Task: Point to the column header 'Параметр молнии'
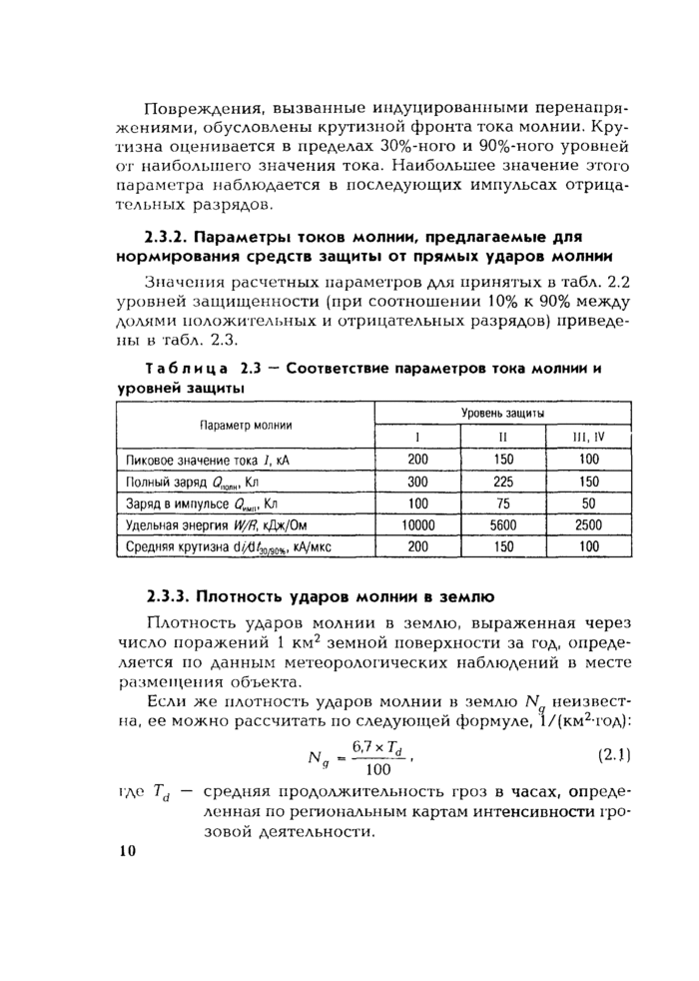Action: click(x=246, y=425)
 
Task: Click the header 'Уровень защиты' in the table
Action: click(x=502, y=412)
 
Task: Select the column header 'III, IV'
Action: click(x=588, y=437)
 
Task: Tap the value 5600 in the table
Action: click(x=503, y=524)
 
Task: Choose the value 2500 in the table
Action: click(x=588, y=524)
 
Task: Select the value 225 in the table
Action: click(x=503, y=482)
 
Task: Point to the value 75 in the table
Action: click(x=503, y=503)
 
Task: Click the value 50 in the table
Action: click(x=588, y=503)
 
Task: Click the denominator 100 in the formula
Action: click(x=378, y=770)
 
